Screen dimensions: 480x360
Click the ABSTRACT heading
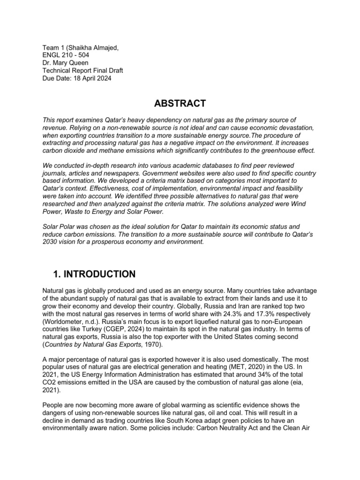coord(180,103)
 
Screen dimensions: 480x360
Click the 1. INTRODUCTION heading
coord(92,274)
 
